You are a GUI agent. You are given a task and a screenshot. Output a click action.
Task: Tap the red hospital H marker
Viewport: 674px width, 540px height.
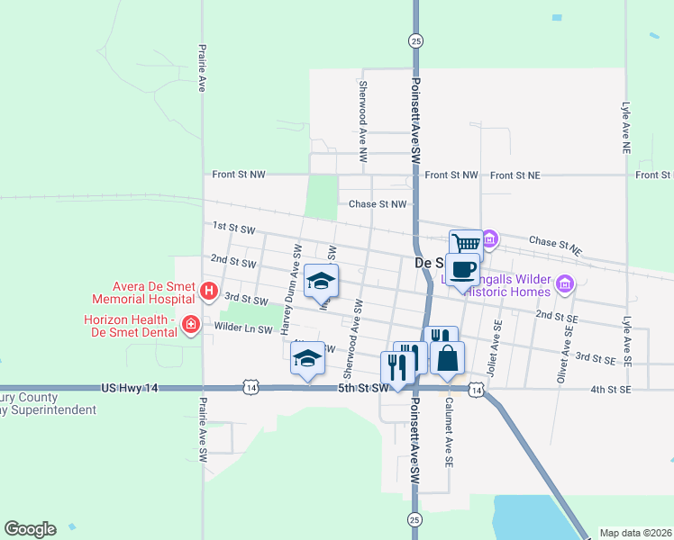click(x=208, y=291)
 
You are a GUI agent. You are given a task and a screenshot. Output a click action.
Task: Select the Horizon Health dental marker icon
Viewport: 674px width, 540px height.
click(x=191, y=324)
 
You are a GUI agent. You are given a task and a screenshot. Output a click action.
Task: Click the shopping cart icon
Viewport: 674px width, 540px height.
click(x=466, y=244)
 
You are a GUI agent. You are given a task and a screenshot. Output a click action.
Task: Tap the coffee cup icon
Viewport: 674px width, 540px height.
click(x=462, y=269)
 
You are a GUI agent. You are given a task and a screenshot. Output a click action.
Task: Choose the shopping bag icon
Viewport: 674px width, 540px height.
click(x=447, y=358)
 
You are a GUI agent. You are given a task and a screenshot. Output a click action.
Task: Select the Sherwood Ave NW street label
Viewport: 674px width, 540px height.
click(x=363, y=121)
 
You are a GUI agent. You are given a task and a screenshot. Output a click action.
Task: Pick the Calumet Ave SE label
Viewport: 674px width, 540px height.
click(x=447, y=432)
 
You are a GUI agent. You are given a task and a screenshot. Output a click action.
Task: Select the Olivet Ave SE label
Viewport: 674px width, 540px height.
click(x=565, y=351)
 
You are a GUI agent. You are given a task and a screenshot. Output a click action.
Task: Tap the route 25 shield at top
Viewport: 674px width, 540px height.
click(x=414, y=40)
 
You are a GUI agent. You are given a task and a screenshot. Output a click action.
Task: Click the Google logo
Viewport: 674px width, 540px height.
click(x=30, y=529)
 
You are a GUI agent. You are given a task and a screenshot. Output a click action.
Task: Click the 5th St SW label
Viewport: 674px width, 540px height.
click(x=362, y=388)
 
